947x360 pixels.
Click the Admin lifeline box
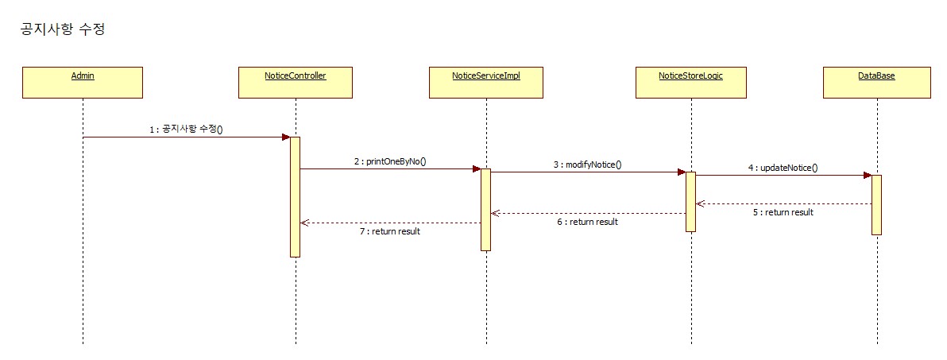point(83,82)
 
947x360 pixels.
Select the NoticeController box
point(296,82)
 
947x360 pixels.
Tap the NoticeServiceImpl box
point(485,82)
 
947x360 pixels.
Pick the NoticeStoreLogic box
point(690,82)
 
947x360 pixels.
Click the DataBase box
point(877,82)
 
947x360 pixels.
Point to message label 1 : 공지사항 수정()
point(187,129)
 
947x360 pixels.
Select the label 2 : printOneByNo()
point(390,161)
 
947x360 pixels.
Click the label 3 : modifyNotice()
point(588,165)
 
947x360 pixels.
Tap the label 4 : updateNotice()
point(783,168)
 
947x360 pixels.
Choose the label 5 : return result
point(783,212)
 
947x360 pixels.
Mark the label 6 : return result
point(587,222)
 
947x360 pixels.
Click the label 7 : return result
point(389,231)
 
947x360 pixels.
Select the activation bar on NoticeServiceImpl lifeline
point(485,210)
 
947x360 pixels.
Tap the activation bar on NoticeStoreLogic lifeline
point(691,202)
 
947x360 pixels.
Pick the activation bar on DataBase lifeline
point(877,205)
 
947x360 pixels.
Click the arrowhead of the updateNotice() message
point(867,176)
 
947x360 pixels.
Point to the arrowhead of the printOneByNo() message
point(476,168)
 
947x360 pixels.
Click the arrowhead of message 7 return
point(304,223)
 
